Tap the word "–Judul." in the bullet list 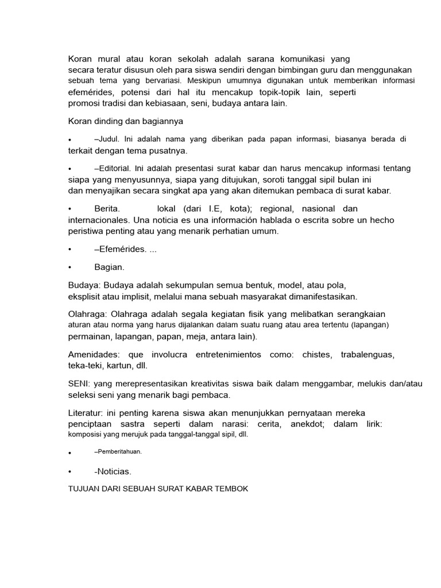tap(107, 139)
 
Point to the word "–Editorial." tap(114, 169)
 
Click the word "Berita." tap(107, 209)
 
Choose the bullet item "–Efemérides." tap(120, 249)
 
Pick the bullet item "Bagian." tap(109, 267)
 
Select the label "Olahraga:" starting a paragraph tap(88, 314)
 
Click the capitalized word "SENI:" tap(80, 383)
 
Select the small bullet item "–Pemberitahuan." tap(118, 452)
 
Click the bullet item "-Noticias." tap(113, 471)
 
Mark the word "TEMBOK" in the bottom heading tap(233, 489)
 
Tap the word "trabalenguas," tap(367, 354)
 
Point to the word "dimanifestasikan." tap(320, 296)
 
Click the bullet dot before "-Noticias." tap(69, 472)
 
